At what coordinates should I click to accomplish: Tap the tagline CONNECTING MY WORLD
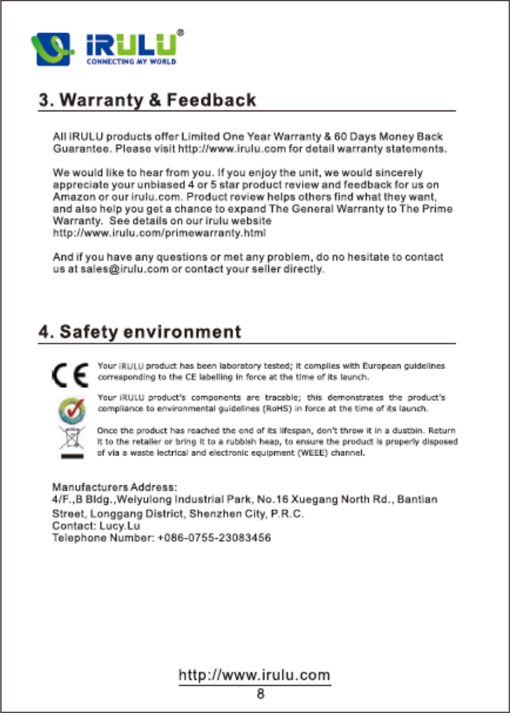click(132, 62)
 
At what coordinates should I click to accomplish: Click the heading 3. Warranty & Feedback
click(147, 100)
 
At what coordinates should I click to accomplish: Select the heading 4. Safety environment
click(140, 331)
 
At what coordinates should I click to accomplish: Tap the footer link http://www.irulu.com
click(254, 675)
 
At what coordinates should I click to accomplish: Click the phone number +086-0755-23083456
click(214, 538)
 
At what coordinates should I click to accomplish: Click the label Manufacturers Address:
click(114, 487)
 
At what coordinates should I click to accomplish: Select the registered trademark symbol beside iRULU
click(180, 34)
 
